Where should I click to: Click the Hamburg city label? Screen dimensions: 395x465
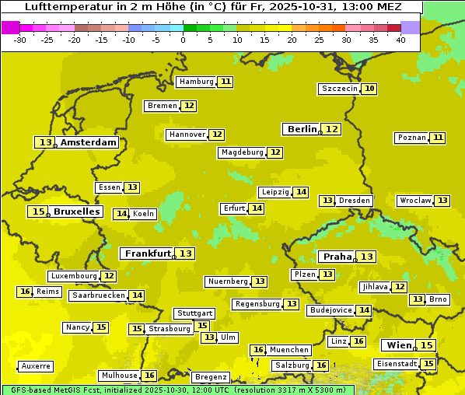pyautogui.click(x=196, y=82)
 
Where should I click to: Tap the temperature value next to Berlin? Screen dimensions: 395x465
pyautogui.click(x=332, y=129)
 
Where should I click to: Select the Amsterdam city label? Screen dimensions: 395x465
pyautogui.click(x=89, y=142)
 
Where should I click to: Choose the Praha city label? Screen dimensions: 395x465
pyautogui.click(x=337, y=257)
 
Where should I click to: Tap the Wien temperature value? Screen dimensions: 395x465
pyautogui.click(x=426, y=345)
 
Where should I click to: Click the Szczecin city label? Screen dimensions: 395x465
pyautogui.click(x=340, y=89)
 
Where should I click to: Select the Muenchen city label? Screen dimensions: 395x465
pyautogui.click(x=290, y=350)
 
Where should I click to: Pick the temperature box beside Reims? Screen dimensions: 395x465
pyautogui.click(x=26, y=292)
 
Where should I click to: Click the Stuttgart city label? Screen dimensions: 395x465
pyautogui.click(x=194, y=313)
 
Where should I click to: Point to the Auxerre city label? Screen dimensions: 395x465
pyautogui.click(x=36, y=365)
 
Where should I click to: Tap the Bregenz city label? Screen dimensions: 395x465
pyautogui.click(x=209, y=377)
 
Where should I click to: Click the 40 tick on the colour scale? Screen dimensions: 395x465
pyautogui.click(x=400, y=40)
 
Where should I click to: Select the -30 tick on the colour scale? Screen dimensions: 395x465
pyautogui.click(x=20, y=40)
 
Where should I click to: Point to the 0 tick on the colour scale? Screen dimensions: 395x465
pyautogui.click(x=183, y=40)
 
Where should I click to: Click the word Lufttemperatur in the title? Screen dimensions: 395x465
pyautogui.click(x=66, y=7)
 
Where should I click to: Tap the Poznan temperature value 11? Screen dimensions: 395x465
pyautogui.click(x=438, y=138)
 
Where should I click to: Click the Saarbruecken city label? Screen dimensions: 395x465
pyautogui.click(x=98, y=295)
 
